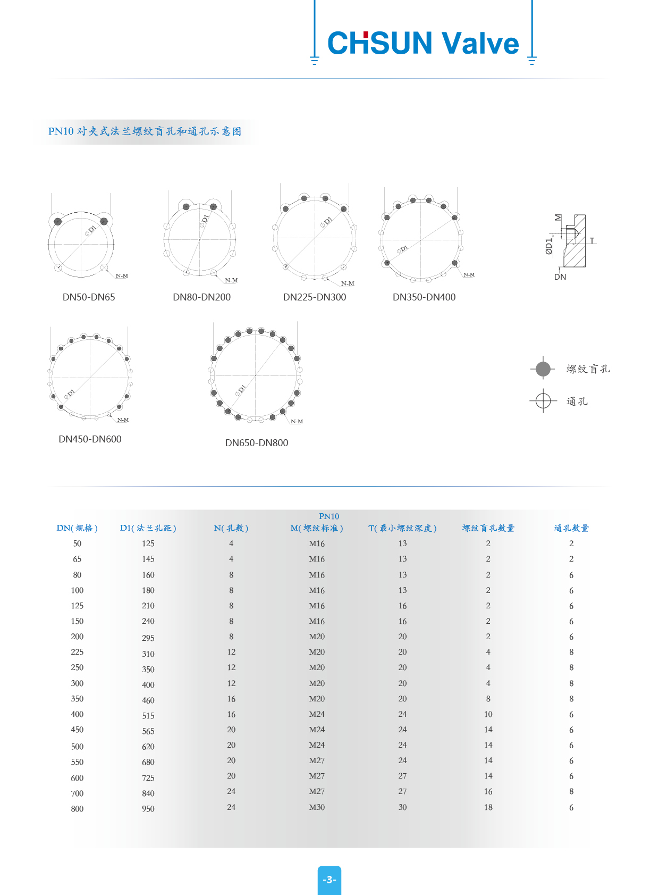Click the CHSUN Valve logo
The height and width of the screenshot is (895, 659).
[423, 43]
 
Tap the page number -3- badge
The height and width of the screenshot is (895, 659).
[329, 880]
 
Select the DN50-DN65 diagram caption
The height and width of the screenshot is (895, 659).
[89, 297]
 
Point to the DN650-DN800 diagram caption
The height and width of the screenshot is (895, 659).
[257, 443]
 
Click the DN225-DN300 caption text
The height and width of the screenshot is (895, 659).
[315, 297]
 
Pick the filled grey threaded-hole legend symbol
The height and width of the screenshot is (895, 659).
[543, 369]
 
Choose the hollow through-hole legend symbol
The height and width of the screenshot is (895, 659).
[543, 400]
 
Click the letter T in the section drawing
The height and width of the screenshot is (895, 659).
[592, 240]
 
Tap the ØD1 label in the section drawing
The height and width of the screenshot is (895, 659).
[549, 246]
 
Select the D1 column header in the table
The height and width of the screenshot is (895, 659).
[148, 528]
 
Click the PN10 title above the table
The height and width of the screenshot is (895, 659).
[329, 516]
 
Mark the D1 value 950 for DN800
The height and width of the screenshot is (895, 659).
[148, 809]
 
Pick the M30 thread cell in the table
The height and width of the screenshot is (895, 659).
[317, 807]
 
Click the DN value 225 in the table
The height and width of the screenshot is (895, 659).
[77, 652]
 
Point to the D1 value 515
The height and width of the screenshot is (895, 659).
[148, 716]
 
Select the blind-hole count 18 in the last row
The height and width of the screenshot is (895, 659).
[488, 807]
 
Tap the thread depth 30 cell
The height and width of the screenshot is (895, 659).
[403, 807]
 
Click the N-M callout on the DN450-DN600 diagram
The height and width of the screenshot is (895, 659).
[123, 420]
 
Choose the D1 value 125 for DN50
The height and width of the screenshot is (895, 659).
[148, 543]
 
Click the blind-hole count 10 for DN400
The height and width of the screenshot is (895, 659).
[488, 714]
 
